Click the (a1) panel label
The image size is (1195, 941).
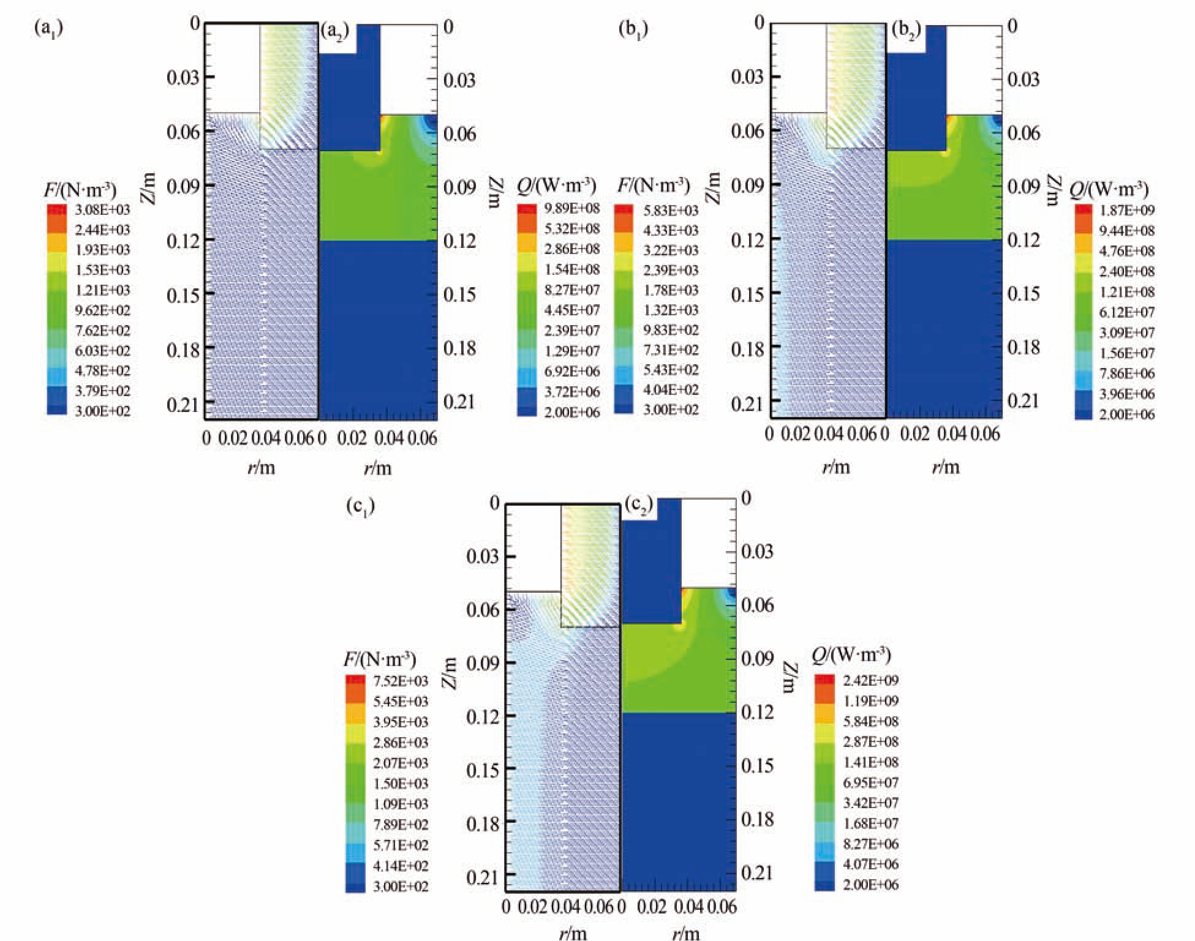49,28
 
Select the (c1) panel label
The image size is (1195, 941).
360,506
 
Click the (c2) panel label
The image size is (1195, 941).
639,506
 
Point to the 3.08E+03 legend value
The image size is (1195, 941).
102,209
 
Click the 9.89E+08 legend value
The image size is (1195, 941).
571,208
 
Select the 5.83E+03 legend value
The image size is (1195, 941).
671,211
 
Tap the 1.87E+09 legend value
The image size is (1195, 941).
1126,211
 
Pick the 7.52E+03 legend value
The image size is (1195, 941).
401,681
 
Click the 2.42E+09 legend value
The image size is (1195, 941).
870,680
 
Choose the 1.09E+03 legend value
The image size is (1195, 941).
401,804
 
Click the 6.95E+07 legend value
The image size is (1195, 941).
870,782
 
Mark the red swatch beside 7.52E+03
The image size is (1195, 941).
355,680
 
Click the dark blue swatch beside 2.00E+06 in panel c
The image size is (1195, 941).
824,884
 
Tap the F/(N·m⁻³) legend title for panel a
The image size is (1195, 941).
80,189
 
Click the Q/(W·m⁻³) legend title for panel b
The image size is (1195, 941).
1109,189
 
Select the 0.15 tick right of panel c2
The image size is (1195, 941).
757,765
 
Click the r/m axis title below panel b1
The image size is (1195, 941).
835,467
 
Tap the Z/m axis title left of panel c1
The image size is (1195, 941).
451,672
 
